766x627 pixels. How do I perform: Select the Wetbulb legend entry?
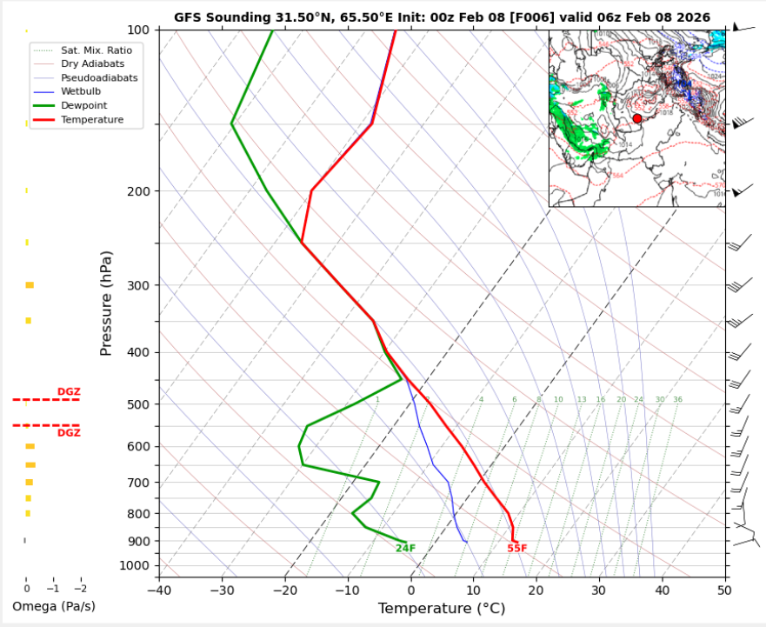click(x=79, y=91)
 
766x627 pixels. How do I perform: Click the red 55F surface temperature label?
click(x=517, y=549)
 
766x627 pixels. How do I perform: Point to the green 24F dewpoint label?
click(x=405, y=548)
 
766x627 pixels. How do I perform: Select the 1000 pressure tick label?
click(x=137, y=566)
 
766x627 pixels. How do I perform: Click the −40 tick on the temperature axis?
click(x=159, y=590)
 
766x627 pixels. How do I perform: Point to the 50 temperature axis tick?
click(x=724, y=590)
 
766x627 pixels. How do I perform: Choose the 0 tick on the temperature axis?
click(x=411, y=590)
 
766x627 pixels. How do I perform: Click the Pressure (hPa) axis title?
click(x=106, y=303)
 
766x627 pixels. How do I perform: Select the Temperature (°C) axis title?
click(x=441, y=609)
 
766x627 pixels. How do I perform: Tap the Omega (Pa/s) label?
click(x=54, y=606)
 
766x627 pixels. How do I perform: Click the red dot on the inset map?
click(x=637, y=118)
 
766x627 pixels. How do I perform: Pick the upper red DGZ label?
click(x=69, y=392)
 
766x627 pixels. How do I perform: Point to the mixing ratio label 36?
click(x=677, y=400)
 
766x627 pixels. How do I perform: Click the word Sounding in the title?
click(x=234, y=17)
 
